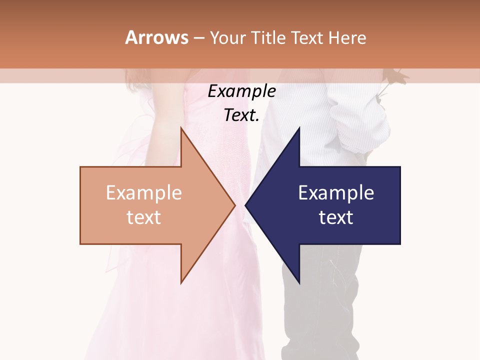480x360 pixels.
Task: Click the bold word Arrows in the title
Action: [x=156, y=37]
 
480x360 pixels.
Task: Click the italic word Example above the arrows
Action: [x=241, y=91]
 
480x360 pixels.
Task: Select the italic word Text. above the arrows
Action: [x=241, y=115]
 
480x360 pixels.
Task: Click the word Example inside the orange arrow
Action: [x=144, y=193]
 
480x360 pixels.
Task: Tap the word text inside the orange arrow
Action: [x=144, y=217]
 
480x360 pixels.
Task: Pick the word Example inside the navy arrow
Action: [x=336, y=193]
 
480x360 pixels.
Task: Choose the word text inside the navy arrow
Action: [x=336, y=217]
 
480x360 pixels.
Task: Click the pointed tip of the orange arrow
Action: [x=235, y=205]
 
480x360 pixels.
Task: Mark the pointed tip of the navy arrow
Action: [x=245, y=205]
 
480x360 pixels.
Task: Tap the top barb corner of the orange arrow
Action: [x=181, y=128]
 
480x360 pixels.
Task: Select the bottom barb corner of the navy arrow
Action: [x=299, y=283]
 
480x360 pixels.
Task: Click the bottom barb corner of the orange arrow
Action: [x=181, y=283]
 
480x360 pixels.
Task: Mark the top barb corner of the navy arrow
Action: [x=299, y=128]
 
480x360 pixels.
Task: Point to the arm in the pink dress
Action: [x=165, y=135]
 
